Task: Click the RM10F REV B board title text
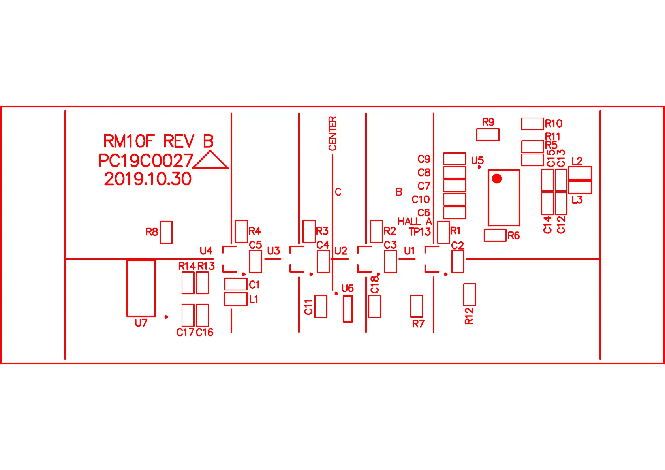[158, 141]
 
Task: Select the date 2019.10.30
[148, 179]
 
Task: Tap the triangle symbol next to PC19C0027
[210, 160]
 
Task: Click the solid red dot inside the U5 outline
[497, 179]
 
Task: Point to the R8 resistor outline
[166, 232]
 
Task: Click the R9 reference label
[488, 122]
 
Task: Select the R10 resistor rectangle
[532, 124]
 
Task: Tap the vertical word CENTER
[332, 133]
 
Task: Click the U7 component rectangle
[141, 288]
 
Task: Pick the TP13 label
[420, 232]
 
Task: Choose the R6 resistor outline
[495, 235]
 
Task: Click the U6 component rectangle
[348, 309]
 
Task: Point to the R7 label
[418, 324]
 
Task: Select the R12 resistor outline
[470, 295]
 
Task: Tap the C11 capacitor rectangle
[321, 306]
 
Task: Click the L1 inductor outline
[236, 299]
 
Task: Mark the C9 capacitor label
[424, 159]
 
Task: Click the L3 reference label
[577, 200]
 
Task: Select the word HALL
[409, 221]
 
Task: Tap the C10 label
[421, 199]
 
